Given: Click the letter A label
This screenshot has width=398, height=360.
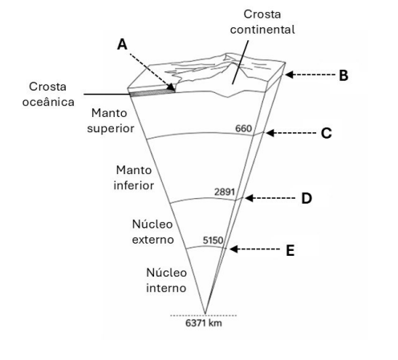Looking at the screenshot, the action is click(122, 44).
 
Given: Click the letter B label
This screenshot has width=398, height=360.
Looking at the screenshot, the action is click(343, 75).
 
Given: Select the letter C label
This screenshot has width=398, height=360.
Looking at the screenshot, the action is click(327, 133).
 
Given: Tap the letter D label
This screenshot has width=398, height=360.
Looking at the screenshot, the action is click(307, 199).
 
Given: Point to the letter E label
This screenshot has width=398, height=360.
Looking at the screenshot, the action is click(290, 250).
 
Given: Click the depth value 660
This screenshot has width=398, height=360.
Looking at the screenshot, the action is click(243, 128).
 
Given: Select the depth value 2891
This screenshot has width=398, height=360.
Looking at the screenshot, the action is click(225, 192).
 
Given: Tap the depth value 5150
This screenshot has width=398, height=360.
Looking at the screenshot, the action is click(213, 241).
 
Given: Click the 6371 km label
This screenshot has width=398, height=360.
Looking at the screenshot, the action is click(204, 323).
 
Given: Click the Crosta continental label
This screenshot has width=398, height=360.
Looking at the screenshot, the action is click(262, 22).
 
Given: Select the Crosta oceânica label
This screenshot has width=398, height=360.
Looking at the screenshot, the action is click(48, 95).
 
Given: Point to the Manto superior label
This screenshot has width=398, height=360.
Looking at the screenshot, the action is click(111, 121).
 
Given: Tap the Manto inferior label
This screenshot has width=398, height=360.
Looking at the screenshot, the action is click(134, 178).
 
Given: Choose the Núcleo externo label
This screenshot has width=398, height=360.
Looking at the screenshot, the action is click(153, 232).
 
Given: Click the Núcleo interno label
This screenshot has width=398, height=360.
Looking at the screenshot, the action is click(166, 281).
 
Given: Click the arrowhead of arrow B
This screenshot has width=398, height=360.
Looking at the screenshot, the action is click(289, 75).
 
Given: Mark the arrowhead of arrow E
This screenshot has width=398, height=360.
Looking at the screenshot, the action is click(234, 249).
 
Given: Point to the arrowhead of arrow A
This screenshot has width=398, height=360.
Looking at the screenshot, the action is click(172, 87).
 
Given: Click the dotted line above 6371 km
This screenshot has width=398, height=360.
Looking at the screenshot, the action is click(204, 316).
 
